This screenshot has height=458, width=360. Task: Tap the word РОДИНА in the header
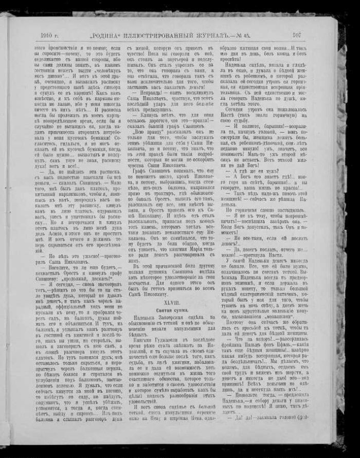(106, 35)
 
